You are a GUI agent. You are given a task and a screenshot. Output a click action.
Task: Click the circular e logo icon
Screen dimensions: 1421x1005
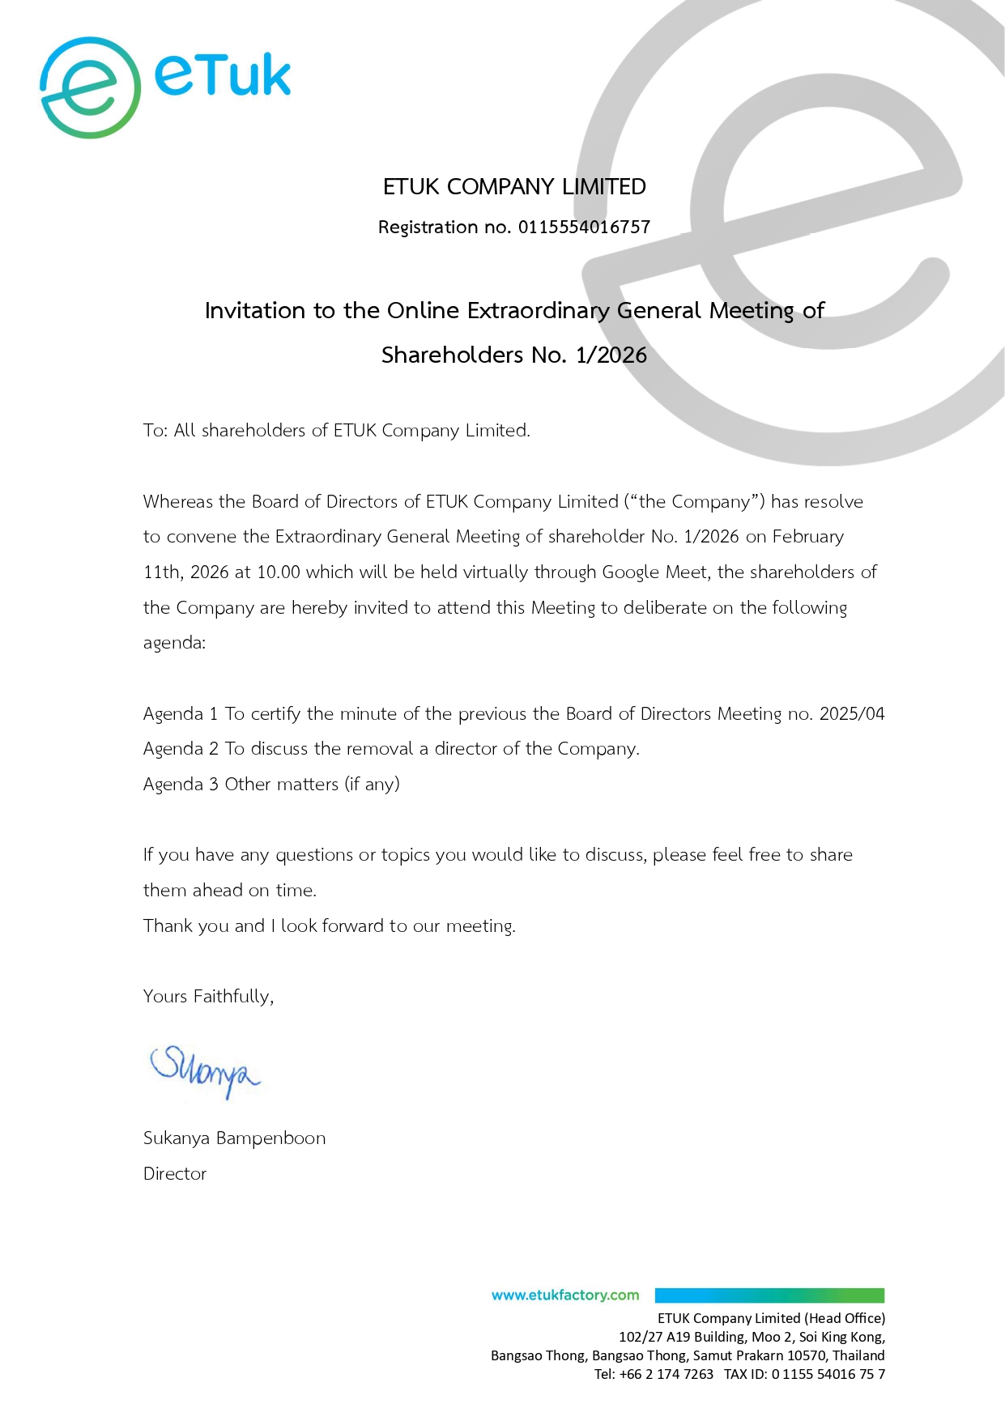pyautogui.click(x=90, y=87)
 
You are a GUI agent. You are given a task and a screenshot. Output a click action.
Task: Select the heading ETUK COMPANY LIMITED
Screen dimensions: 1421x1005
pyautogui.click(x=514, y=187)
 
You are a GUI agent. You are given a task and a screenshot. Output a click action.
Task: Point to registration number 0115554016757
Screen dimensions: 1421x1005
pyautogui.click(x=584, y=228)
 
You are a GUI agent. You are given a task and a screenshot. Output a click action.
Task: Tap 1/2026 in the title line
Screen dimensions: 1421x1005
pyautogui.click(x=611, y=355)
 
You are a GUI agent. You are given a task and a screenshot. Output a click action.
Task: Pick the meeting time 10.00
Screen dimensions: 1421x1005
pyautogui.click(x=279, y=572)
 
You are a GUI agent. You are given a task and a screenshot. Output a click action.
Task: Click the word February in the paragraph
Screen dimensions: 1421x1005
pyautogui.click(x=807, y=537)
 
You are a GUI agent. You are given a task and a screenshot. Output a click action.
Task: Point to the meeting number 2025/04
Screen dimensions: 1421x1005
pyautogui.click(x=852, y=714)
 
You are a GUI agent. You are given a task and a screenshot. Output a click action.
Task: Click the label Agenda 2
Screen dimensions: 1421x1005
pyautogui.click(x=181, y=749)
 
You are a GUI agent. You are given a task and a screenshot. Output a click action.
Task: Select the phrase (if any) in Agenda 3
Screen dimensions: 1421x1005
pyautogui.click(x=372, y=785)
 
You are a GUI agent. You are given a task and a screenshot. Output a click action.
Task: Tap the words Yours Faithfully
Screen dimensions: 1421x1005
pyautogui.click(x=208, y=997)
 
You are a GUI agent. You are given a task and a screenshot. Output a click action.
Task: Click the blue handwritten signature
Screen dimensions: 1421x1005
pyautogui.click(x=205, y=1070)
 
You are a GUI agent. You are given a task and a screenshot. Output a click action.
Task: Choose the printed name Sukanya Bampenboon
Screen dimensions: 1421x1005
pyautogui.click(x=234, y=1138)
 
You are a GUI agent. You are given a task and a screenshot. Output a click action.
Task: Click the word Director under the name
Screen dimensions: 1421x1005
pyautogui.click(x=175, y=1174)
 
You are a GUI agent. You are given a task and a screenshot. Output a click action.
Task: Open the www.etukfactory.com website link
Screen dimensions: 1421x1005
pyautogui.click(x=565, y=1295)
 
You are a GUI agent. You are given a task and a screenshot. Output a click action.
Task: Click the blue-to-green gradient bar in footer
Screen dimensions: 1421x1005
pyautogui.click(x=769, y=1295)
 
